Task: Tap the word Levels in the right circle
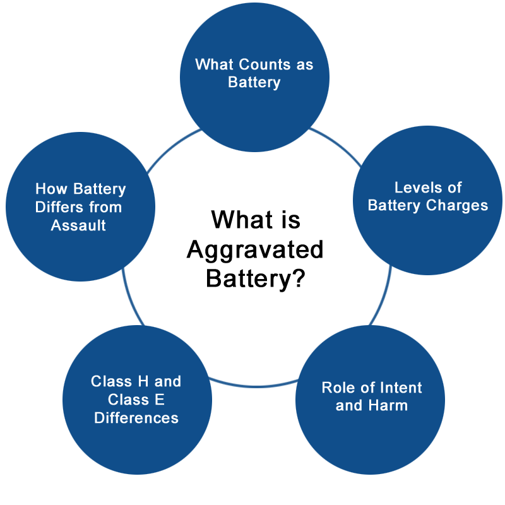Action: click(x=415, y=187)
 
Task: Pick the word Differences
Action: click(x=136, y=418)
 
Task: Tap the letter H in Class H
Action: click(x=143, y=381)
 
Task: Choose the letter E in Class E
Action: click(x=160, y=400)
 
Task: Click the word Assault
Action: click(x=78, y=225)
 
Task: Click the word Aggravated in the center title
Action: click(x=255, y=250)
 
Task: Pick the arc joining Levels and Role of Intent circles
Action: click(x=383, y=297)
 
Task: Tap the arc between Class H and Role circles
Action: click(x=254, y=386)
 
